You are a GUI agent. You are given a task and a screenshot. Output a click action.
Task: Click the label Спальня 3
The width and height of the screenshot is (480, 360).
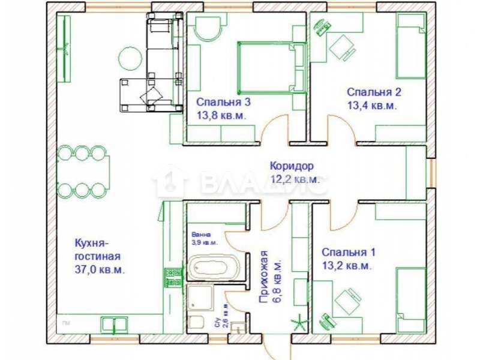click(223, 103)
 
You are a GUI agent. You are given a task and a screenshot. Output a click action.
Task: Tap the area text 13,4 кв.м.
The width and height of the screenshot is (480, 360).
click(373, 106)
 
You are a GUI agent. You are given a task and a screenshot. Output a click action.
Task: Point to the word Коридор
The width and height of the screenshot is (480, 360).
click(291, 166)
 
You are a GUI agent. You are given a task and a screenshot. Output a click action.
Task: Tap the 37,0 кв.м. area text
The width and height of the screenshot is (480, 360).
click(99, 270)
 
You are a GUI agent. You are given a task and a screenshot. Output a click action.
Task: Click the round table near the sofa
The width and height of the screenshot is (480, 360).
click(130, 58)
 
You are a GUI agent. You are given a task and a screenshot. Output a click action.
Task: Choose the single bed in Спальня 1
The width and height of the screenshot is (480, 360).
click(410, 298)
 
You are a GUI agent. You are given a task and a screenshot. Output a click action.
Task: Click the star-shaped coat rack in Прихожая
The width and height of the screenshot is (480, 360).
click(298, 324)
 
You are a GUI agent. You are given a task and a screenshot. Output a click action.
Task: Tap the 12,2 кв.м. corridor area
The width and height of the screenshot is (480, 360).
click(294, 179)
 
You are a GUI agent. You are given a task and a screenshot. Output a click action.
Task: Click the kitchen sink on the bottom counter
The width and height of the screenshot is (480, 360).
click(114, 324)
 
